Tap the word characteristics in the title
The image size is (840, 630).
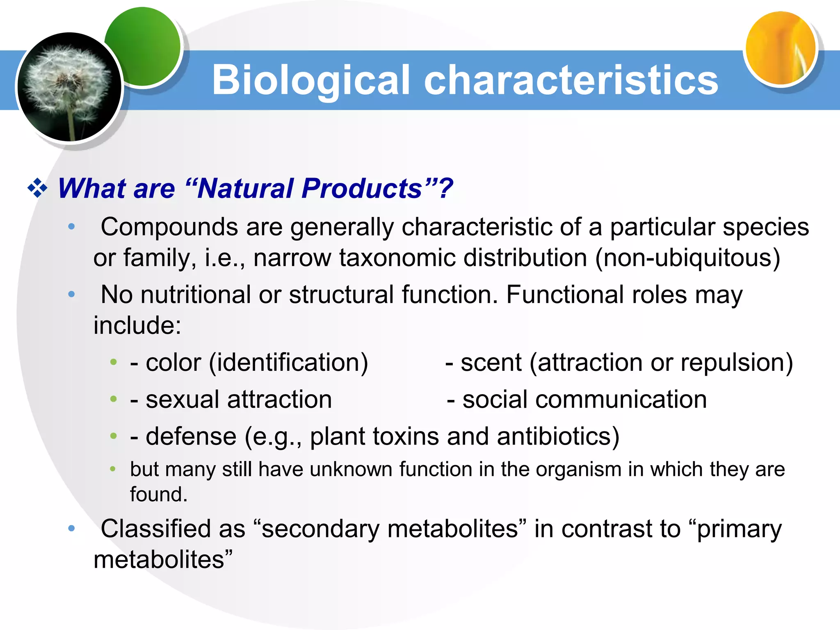[571, 80]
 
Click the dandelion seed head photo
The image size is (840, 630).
[69, 87]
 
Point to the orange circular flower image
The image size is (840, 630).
[780, 48]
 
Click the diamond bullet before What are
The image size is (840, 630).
[37, 188]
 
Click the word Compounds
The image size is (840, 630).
[169, 227]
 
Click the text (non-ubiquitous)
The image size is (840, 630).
[688, 258]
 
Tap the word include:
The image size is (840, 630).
[137, 325]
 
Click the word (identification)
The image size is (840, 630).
[288, 363]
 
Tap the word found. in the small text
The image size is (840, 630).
[159, 494]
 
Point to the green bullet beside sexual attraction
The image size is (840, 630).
[114, 399]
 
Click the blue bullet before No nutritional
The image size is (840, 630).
[71, 294]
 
